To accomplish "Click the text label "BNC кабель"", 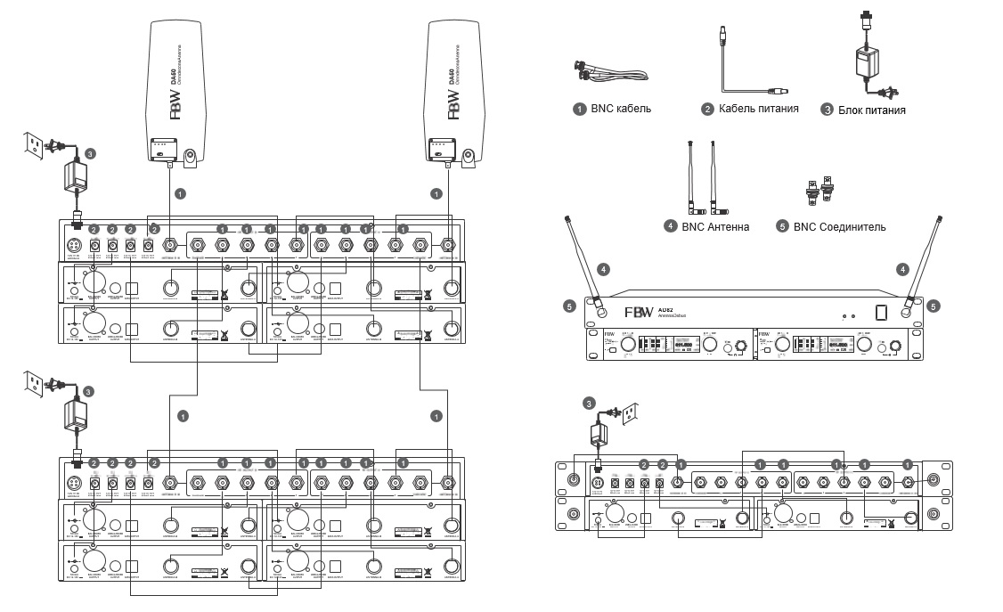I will pyautogui.click(x=621, y=109).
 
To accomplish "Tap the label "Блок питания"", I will pyautogui.click(x=872, y=110).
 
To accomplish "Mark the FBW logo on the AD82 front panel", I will pyautogui.click(x=638, y=314).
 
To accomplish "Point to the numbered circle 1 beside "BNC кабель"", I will pyautogui.click(x=579, y=109).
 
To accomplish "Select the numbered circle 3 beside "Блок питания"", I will pyautogui.click(x=827, y=110).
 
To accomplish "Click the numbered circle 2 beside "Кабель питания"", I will pyautogui.click(x=708, y=109).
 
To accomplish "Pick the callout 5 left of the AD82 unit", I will pyautogui.click(x=570, y=306).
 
